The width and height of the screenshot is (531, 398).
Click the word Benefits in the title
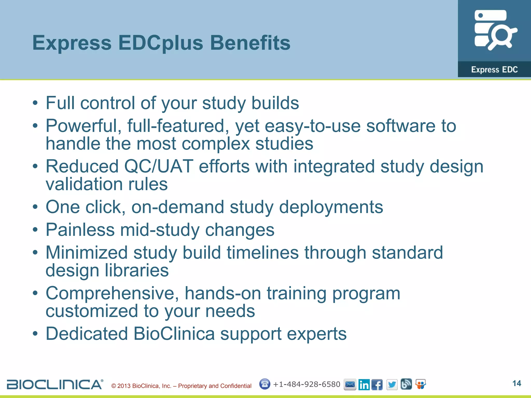pyautogui.click(x=250, y=43)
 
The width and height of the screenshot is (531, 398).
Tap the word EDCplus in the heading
pyautogui.click(x=161, y=43)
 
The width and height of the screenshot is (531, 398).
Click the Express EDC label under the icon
pyautogui.click(x=494, y=69)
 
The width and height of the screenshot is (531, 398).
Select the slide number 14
pyautogui.click(x=516, y=383)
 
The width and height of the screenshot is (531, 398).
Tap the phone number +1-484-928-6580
pyautogui.click(x=306, y=384)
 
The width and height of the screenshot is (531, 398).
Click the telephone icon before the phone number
pyautogui.click(x=264, y=384)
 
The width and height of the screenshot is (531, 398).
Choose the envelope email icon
pyautogui.click(x=350, y=385)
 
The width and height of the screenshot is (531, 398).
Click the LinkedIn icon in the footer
pyautogui.click(x=364, y=385)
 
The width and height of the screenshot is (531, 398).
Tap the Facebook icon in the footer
pyautogui.click(x=377, y=385)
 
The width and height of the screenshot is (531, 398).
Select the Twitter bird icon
pyautogui.click(x=392, y=385)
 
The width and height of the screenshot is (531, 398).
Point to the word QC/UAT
pyautogui.click(x=158, y=166)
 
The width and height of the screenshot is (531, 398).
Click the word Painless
pyautogui.click(x=80, y=230)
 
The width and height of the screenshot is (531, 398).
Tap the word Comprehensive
pyautogui.click(x=112, y=293)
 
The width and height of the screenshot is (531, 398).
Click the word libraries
pyautogui.click(x=137, y=270)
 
